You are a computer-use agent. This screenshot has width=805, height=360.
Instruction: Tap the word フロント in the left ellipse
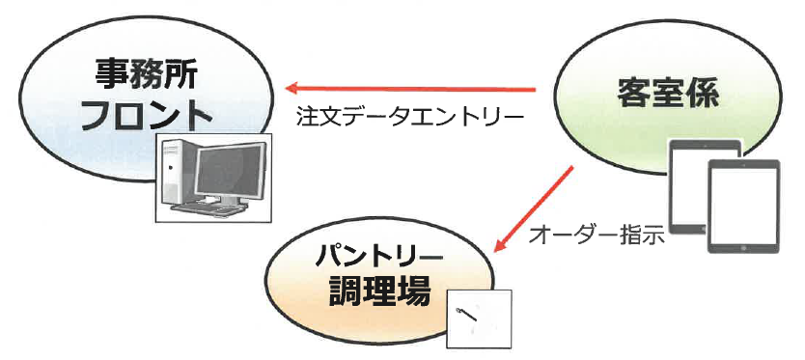[x=145, y=116]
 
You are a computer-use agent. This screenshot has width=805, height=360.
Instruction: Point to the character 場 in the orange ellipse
[x=410, y=292]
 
